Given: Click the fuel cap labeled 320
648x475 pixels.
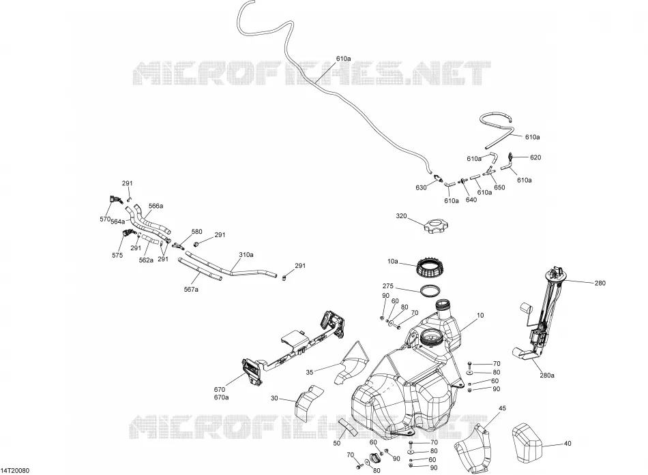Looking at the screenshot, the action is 436,227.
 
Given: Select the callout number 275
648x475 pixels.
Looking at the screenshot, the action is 387,286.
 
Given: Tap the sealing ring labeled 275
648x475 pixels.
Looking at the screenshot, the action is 430,290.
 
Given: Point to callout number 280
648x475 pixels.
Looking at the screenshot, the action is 600,283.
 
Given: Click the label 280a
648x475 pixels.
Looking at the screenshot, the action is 547,376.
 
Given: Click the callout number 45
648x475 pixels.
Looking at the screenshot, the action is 502,408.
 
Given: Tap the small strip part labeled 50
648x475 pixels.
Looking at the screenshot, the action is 348,427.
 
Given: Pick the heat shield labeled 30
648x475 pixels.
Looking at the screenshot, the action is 308,402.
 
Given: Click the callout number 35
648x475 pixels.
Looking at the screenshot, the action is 310,372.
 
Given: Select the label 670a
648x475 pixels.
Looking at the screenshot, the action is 221,397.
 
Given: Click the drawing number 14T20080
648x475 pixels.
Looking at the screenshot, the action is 15,470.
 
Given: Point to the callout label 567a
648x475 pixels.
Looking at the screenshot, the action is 191,290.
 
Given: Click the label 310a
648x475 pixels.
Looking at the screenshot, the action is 246,254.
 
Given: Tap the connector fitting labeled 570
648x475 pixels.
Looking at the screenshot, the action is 115,200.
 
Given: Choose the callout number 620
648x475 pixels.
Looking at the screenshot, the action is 535,157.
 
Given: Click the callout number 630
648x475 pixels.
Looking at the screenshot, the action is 421,187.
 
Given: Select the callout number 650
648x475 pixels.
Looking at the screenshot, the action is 499,187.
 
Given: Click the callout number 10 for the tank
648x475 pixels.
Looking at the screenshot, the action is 480,315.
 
